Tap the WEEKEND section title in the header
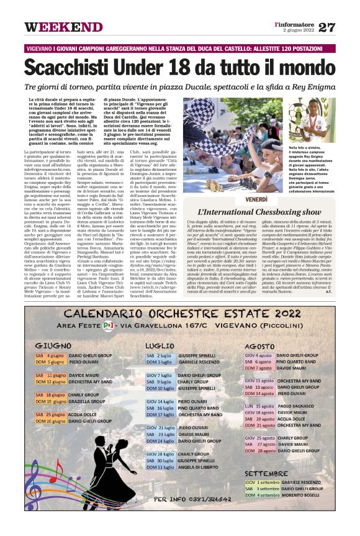[63, 27]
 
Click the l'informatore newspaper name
[295, 24]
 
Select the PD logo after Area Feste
[108, 325]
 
